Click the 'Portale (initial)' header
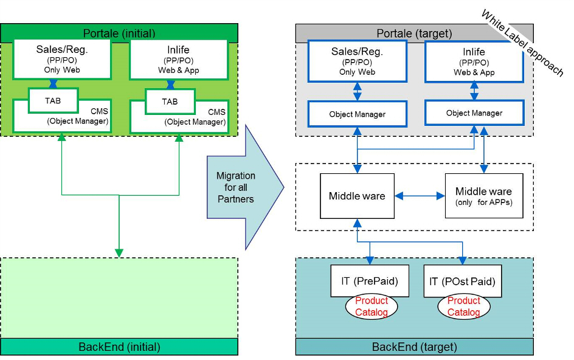click(x=119, y=33)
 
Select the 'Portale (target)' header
click(x=414, y=33)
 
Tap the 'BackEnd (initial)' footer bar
click(x=119, y=347)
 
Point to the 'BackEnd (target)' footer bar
click(x=414, y=347)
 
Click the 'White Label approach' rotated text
click(x=522, y=42)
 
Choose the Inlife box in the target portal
click(x=474, y=61)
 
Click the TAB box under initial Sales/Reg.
click(x=54, y=101)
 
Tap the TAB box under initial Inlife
click(x=170, y=101)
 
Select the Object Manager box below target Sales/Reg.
click(x=357, y=114)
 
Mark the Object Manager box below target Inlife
click(x=474, y=113)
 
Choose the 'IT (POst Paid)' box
click(x=462, y=281)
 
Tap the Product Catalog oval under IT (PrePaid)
click(x=372, y=306)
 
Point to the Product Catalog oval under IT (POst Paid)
click(x=463, y=306)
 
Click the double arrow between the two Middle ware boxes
click(x=420, y=196)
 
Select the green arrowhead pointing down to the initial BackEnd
click(x=119, y=252)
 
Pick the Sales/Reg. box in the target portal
click(x=357, y=61)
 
